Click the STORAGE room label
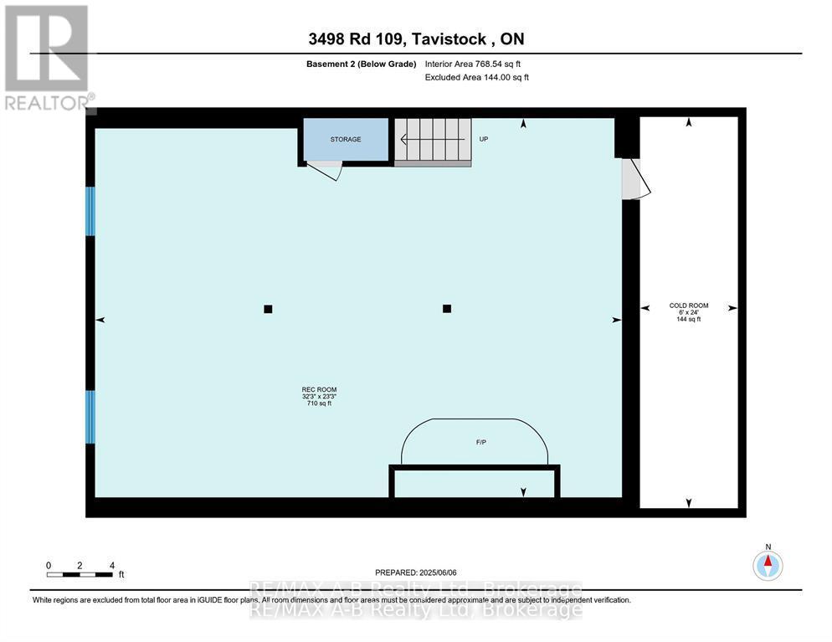click(346, 139)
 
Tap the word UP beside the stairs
click(483, 139)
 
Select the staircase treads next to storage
click(433, 139)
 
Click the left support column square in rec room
click(268, 309)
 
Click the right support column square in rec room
click(447, 308)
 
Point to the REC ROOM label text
click(319, 396)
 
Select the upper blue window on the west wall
click(90, 211)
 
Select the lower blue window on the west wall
click(90, 416)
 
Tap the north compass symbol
click(768, 564)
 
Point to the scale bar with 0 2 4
click(80, 572)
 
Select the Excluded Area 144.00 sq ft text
click(477, 77)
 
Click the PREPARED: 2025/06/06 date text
click(415, 573)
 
